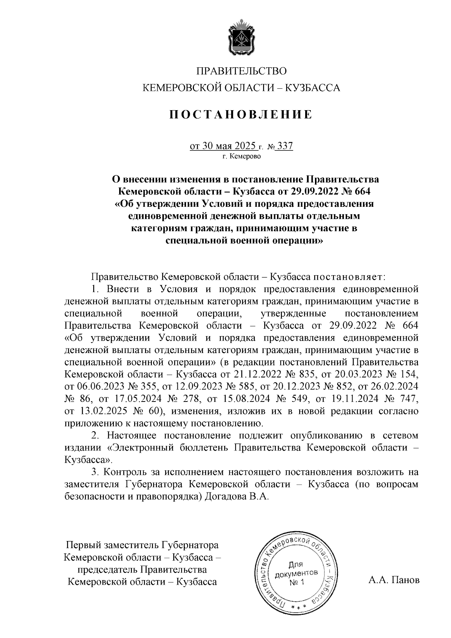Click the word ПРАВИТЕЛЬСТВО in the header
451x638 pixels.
coord(242,71)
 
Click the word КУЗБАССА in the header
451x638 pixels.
coord(313,88)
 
